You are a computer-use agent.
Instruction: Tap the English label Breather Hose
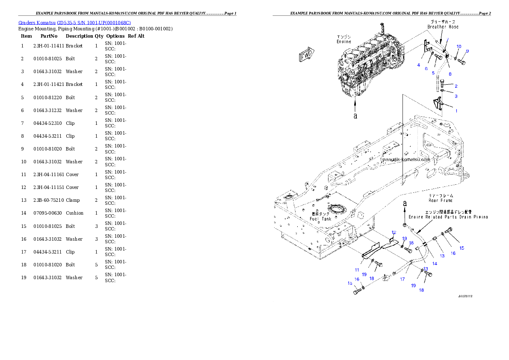click(x=443, y=27)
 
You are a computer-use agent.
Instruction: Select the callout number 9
click(x=467, y=51)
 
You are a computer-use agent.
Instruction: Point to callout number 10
click(x=459, y=46)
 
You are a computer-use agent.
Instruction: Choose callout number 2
click(x=456, y=86)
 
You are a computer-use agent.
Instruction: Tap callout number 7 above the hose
click(x=447, y=40)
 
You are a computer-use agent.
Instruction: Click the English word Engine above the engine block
click(x=344, y=41)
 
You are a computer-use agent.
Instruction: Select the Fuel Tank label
click(x=320, y=219)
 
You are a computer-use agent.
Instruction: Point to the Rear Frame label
click(x=441, y=200)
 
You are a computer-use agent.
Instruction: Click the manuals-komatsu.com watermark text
click(x=405, y=159)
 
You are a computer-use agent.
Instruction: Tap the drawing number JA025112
click(x=468, y=296)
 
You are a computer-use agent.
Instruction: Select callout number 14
click(x=435, y=264)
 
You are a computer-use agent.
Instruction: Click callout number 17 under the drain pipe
click(x=402, y=279)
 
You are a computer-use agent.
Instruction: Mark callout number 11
click(x=356, y=270)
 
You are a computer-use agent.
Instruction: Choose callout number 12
click(x=394, y=232)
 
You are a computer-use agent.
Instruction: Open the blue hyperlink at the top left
click(x=75, y=22)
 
